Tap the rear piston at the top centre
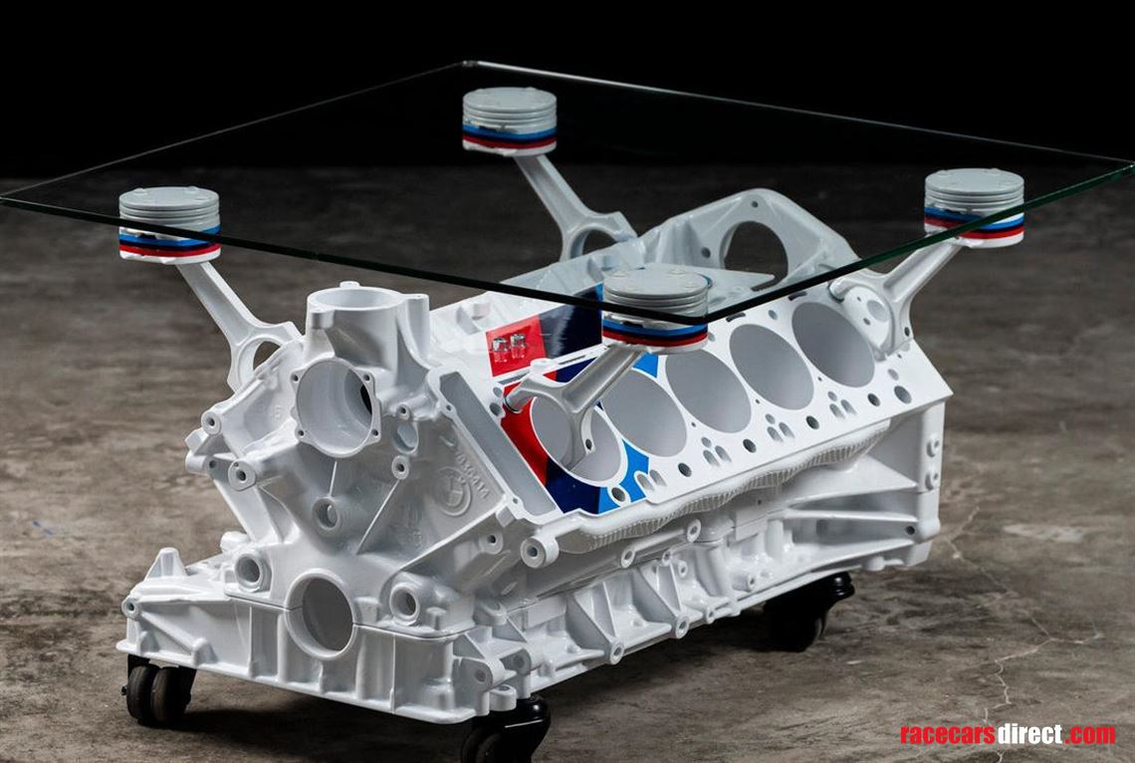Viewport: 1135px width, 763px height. [509, 120]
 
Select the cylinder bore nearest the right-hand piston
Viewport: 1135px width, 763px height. [832, 344]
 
